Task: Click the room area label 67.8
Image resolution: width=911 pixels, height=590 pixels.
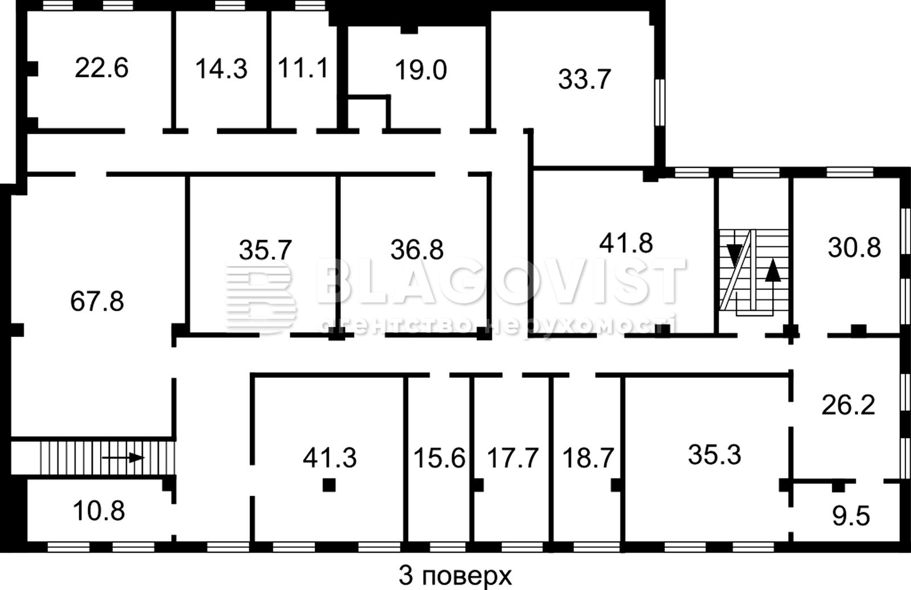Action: pos(97,302)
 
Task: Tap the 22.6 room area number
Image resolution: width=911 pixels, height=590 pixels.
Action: pos(102,68)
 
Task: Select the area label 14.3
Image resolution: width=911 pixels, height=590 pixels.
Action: pos(221,69)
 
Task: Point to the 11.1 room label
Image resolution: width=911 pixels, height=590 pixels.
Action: pos(302,68)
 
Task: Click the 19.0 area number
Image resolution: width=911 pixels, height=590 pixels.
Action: pos(421,70)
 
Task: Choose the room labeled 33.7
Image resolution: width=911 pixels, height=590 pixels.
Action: pos(584,79)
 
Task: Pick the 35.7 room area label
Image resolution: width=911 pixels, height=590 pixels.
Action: pos(265,250)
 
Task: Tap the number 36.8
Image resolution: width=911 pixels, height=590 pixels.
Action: pos(417,250)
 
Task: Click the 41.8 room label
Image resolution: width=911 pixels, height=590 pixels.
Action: pos(626,243)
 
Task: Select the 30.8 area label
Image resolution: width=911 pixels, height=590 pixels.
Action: pos(854,247)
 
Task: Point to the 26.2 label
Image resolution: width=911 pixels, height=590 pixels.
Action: pos(848,405)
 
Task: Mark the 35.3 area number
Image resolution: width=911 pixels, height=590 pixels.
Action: pos(715,454)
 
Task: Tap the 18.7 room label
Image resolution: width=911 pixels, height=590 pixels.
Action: pos(588,458)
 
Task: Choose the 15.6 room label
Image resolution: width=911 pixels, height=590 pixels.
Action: pos(439,458)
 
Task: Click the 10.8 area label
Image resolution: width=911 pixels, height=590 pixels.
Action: pos(99,511)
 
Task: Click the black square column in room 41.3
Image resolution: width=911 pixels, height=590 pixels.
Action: pos(329,485)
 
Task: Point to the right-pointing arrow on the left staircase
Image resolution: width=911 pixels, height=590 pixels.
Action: pos(123,457)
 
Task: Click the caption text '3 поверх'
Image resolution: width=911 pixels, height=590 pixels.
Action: pos(455,576)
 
